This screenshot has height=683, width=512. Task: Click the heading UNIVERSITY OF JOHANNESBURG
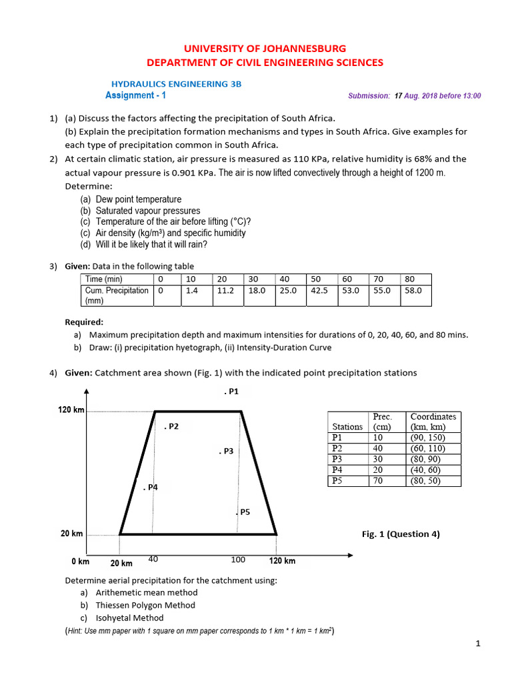[265, 49]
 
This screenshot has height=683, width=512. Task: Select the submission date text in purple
[414, 96]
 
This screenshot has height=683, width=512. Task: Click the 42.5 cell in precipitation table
[320, 291]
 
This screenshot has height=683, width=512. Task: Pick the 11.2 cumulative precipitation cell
[226, 291]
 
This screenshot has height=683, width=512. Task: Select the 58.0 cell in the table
[413, 291]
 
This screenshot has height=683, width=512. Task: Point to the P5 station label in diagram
[243, 512]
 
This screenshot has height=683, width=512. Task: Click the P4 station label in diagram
[151, 488]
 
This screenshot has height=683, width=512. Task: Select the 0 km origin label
[80, 561]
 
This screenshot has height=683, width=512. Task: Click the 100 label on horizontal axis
[238, 560]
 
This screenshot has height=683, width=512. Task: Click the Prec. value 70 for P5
[378, 480]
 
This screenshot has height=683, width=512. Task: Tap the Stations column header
[347, 426]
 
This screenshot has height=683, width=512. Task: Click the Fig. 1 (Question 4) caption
[400, 534]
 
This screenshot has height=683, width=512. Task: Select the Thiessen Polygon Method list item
[145, 605]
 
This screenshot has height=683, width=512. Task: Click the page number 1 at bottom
[478, 644]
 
